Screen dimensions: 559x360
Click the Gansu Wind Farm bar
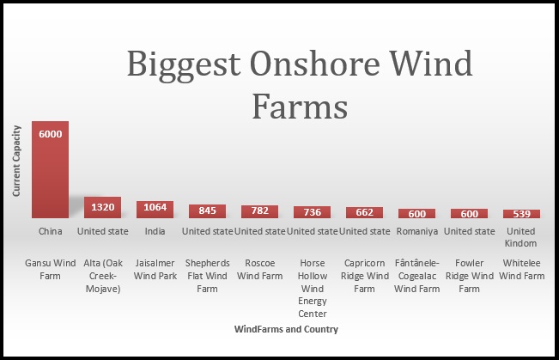pyautogui.click(x=51, y=169)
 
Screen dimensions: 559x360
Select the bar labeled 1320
pyautogui.click(x=103, y=207)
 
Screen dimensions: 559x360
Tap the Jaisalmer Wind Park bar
pyautogui.click(x=155, y=210)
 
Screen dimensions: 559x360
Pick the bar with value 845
pyautogui.click(x=208, y=211)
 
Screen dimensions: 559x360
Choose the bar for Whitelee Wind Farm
pyautogui.click(x=521, y=214)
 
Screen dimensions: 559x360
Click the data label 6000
pyautogui.click(x=51, y=134)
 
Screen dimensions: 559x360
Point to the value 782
pyautogui.click(x=260, y=211)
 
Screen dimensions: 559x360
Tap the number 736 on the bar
pyautogui.click(x=313, y=212)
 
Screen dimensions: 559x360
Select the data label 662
pyautogui.click(x=364, y=212)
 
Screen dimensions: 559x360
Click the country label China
pyautogui.click(x=51, y=231)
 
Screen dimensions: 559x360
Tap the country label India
pyautogui.click(x=155, y=231)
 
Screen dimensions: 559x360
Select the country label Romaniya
pyautogui.click(x=417, y=231)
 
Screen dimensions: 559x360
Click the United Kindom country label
pyautogui.click(x=521, y=237)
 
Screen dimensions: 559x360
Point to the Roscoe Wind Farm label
pyautogui.click(x=260, y=270)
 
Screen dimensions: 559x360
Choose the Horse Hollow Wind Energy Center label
pyautogui.click(x=313, y=289)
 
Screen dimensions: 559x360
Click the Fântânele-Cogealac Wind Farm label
pyautogui.click(x=417, y=276)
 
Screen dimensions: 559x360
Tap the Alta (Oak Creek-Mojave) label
pyautogui.click(x=103, y=276)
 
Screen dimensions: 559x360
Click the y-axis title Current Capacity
pyautogui.click(x=16, y=161)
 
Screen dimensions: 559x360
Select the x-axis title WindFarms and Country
pyautogui.click(x=286, y=329)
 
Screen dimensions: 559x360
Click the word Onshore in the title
pyautogui.click(x=314, y=64)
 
